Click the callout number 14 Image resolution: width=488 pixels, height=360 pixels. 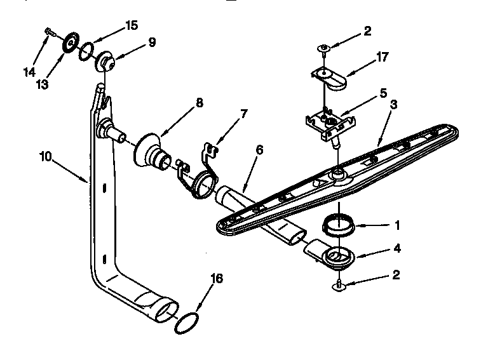point(29,72)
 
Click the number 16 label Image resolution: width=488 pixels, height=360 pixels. point(217,278)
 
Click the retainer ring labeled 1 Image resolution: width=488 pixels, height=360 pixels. point(338,225)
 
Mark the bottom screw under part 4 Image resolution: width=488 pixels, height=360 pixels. point(340,286)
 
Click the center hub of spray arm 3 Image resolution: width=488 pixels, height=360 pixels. point(337,173)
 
